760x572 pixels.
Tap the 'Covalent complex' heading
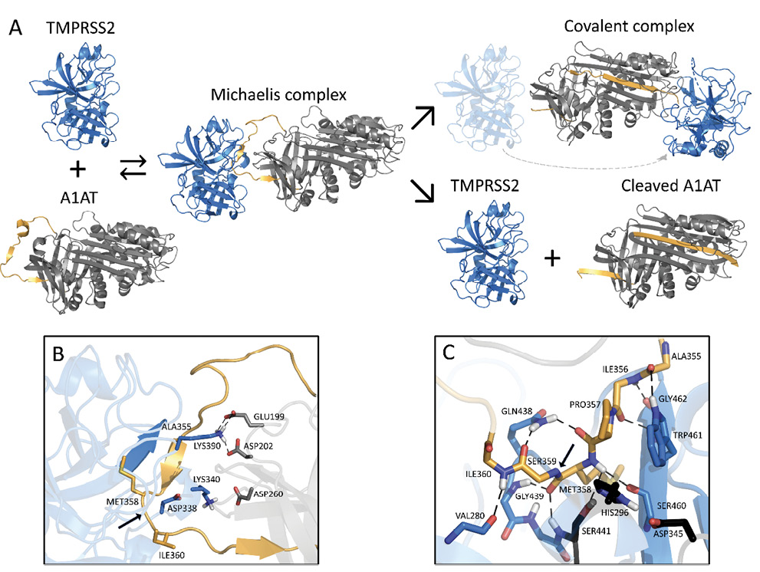coord(629,26)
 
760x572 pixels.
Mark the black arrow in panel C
coord(564,459)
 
